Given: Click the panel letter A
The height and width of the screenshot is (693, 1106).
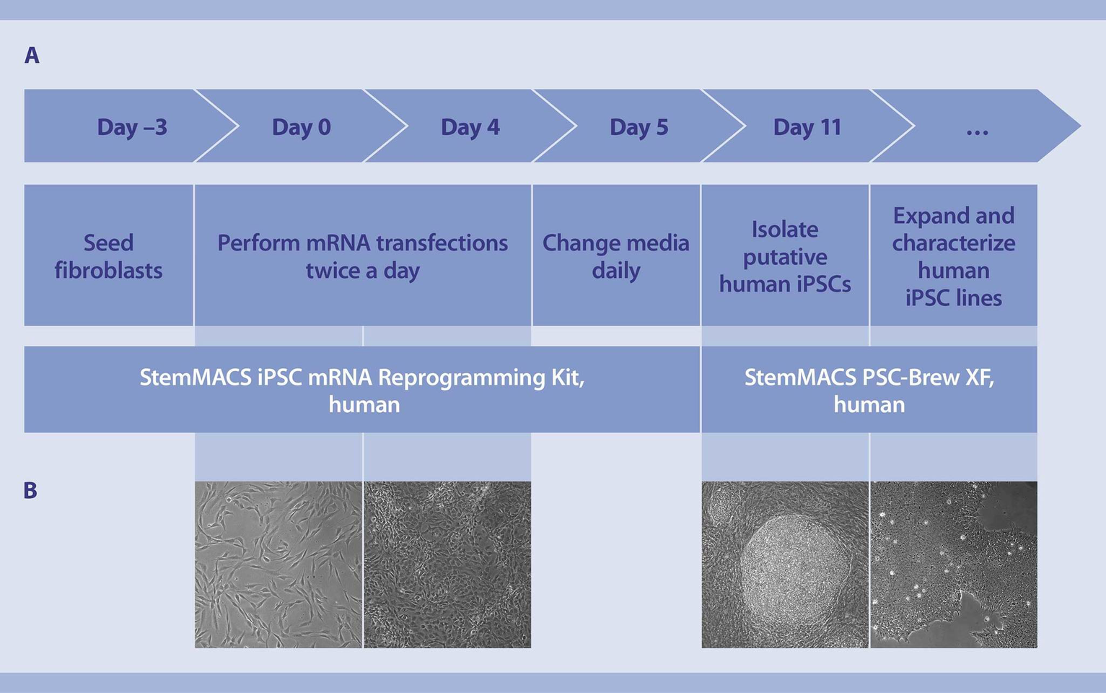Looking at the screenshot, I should point(32,56).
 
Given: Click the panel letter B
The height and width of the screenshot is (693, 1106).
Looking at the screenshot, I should point(30,491).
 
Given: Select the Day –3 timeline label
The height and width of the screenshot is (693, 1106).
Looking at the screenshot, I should point(132,127).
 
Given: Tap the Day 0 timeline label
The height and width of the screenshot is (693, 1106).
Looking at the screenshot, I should point(301,127).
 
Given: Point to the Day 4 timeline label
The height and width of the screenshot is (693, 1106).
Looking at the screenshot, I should point(470,127).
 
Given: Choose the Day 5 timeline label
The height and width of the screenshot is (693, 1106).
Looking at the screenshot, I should point(638,127).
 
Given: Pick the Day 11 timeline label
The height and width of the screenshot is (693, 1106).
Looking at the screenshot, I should point(807,127).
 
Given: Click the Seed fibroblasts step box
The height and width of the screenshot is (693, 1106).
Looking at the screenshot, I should point(108,256).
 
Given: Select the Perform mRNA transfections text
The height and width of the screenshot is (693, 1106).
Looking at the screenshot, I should point(362,243).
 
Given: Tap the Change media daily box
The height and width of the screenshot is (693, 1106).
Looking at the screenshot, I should point(615,256).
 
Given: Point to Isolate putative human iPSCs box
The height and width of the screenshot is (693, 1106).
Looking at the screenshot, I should point(785,256).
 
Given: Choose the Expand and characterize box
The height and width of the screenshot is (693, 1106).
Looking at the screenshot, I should point(953,256).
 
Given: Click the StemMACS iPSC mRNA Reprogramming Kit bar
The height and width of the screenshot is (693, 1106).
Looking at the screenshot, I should point(362,390).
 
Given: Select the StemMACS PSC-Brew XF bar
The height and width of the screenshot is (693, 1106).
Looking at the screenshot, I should point(869,390).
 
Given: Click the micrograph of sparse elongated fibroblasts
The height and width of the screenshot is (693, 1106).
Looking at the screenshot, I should point(278,565).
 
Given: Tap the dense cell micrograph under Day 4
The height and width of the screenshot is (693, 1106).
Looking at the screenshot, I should point(447,565).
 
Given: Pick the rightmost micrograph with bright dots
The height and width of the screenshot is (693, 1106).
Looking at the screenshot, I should point(954,565).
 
